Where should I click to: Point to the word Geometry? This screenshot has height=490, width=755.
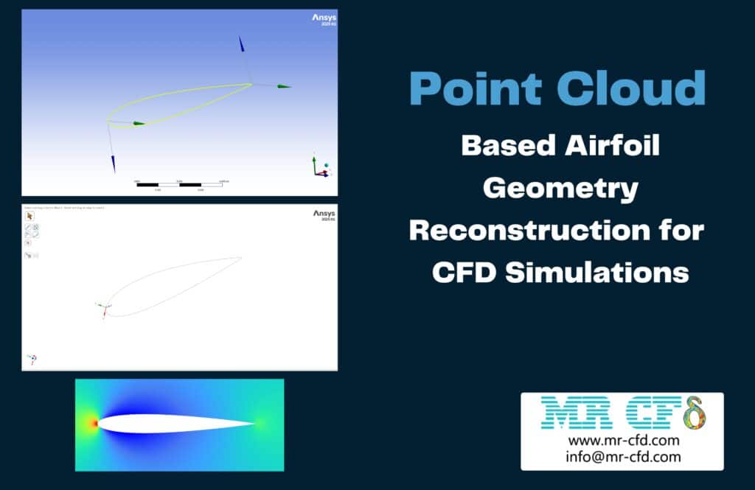pyautogui.click(x=560, y=189)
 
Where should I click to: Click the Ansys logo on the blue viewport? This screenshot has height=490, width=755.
pyautogui.click(x=324, y=18)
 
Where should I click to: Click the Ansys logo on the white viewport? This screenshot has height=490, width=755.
pyautogui.click(x=324, y=214)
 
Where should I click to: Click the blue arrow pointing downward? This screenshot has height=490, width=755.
pyautogui.click(x=113, y=162)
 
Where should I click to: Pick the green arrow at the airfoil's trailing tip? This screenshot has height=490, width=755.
pyautogui.click(x=283, y=86)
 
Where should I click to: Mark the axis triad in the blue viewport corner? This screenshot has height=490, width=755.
pyautogui.click(x=319, y=167)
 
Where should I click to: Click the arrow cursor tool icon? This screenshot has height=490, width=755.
pyautogui.click(x=30, y=217)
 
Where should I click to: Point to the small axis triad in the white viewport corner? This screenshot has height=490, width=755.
pyautogui.click(x=32, y=359)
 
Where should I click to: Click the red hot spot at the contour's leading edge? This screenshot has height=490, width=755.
pyautogui.click(x=94, y=424)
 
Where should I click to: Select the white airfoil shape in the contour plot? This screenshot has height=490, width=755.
pyautogui.click(x=170, y=424)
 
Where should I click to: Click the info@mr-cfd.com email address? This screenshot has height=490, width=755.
pyautogui.click(x=623, y=457)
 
